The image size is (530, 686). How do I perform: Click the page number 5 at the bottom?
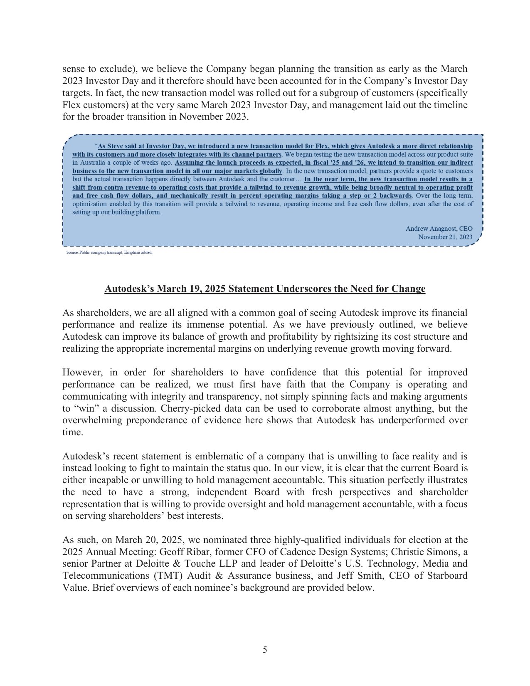[265, 650]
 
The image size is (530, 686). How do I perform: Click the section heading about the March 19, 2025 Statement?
[265, 289]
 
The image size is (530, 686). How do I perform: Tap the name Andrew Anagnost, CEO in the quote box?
[439, 229]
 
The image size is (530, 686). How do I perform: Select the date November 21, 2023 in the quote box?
[445, 237]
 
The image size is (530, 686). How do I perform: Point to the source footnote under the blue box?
[109, 252]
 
